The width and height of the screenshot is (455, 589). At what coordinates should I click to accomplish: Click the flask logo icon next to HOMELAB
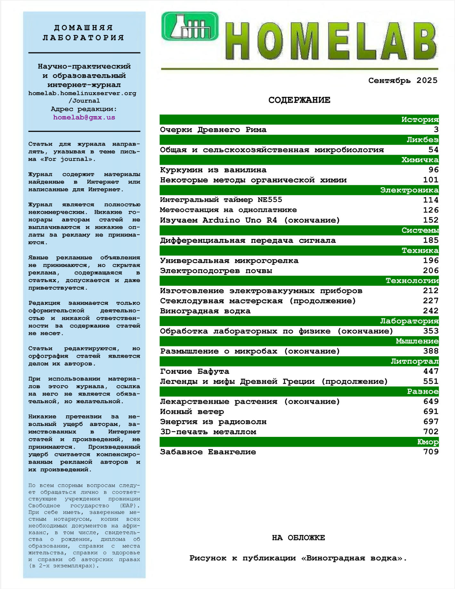click(x=190, y=26)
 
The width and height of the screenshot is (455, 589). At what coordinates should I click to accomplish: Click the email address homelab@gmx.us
click(x=84, y=117)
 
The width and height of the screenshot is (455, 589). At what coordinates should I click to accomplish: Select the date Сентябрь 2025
click(x=402, y=80)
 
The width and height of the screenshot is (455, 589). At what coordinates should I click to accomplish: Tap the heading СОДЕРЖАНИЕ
click(x=299, y=100)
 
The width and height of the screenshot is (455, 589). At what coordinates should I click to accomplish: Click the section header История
click(x=419, y=119)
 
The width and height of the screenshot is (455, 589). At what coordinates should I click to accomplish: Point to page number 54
click(x=433, y=150)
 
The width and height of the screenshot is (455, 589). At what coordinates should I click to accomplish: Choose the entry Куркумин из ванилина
click(x=213, y=170)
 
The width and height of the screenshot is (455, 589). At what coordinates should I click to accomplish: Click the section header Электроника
click(x=409, y=190)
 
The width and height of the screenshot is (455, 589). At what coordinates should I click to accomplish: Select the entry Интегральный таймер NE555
click(x=221, y=200)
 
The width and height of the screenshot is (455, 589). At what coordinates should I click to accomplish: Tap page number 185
click(x=431, y=240)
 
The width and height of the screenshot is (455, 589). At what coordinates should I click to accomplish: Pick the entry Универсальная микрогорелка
click(x=229, y=260)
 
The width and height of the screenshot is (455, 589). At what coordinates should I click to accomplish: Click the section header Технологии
click(x=412, y=281)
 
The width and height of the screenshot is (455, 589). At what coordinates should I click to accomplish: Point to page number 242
click(x=431, y=311)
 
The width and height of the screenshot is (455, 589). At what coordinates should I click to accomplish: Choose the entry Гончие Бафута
click(x=194, y=371)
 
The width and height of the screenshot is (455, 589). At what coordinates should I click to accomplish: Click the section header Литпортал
click(x=414, y=361)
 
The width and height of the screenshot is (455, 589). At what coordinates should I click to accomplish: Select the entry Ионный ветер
click(x=192, y=412)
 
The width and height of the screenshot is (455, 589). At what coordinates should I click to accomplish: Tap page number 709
click(x=431, y=452)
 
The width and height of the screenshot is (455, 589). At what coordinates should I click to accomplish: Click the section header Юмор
click(x=427, y=442)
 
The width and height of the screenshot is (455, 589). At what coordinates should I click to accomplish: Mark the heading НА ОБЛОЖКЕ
click(x=298, y=538)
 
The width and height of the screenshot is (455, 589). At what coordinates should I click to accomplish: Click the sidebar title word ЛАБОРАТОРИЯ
click(x=83, y=38)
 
